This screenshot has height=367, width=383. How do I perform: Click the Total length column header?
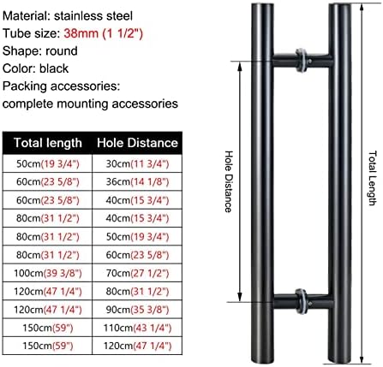[48, 143]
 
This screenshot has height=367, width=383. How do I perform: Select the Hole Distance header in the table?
[137, 143]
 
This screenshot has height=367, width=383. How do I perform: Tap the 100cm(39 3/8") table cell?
[48, 273]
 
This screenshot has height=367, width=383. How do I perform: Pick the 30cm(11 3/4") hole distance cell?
[137, 163]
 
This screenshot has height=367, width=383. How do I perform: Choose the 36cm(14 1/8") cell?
[137, 182]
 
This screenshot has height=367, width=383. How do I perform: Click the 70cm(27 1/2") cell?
[137, 273]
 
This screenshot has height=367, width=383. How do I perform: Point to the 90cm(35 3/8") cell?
[137, 310]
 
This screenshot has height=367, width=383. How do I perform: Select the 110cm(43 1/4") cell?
[137, 328]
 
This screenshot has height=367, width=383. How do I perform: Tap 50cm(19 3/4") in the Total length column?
[48, 163]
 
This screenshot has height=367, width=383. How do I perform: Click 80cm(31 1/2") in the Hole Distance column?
[137, 292]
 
